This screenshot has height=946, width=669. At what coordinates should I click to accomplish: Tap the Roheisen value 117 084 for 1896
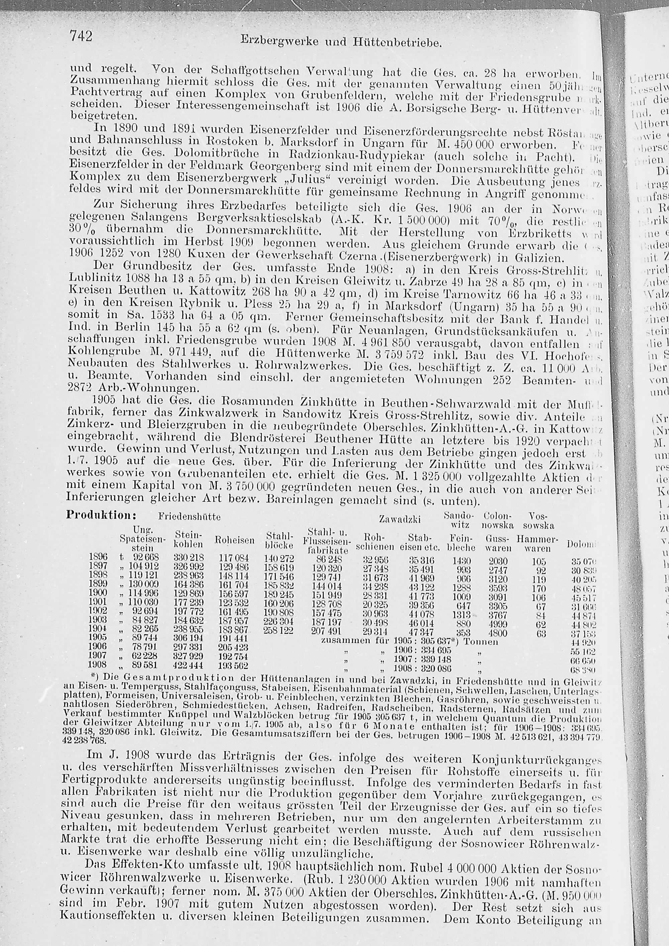click(x=233, y=557)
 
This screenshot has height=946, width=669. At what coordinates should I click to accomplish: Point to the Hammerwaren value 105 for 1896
click(x=539, y=562)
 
